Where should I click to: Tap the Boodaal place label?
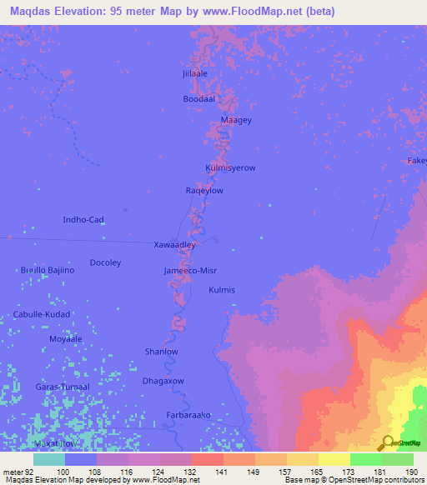(199, 98)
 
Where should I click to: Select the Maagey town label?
(236, 120)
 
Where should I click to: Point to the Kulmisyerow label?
(230, 167)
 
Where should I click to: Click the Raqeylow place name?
(204, 191)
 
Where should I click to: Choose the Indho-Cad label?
(84, 220)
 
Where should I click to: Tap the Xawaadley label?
(175, 246)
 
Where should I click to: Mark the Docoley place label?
(105, 262)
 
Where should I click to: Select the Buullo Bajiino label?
(48, 270)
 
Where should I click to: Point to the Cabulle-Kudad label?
(42, 314)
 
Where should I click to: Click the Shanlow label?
(162, 352)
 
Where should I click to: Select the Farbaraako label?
(188, 413)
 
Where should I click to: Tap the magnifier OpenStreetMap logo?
(386, 442)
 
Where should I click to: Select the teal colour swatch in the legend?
(49, 459)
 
